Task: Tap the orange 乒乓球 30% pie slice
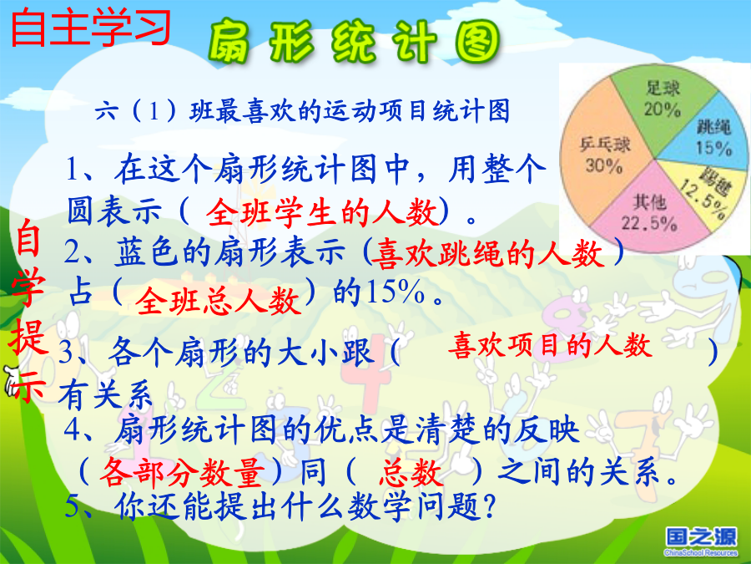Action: coord(604,154)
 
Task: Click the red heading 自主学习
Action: coord(91,28)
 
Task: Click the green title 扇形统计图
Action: coord(355,42)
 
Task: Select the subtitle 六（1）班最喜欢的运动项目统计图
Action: coord(302,111)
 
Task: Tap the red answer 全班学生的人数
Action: coord(322,212)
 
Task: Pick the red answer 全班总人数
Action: coord(219,301)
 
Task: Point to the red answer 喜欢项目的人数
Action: coord(551,345)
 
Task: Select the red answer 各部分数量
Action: coord(183,472)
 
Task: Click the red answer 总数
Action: coord(411,472)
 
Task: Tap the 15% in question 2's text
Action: coord(395,292)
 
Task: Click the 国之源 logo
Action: coord(701,541)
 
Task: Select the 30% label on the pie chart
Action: coord(604,165)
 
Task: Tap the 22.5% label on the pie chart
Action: coord(649,223)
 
